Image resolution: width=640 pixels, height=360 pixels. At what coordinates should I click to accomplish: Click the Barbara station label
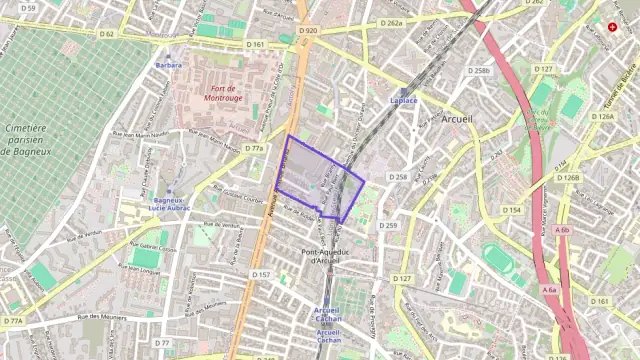pyautogui.click(x=168, y=66)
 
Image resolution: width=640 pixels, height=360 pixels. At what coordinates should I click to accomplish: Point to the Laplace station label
pyautogui.click(x=404, y=101)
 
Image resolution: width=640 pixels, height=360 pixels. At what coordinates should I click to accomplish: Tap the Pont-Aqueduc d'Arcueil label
pyautogui.click(x=325, y=256)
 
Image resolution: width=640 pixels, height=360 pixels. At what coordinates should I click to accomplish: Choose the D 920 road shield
pyautogui.click(x=308, y=31)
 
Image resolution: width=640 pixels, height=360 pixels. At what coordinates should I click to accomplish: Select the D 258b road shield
pyautogui.click(x=481, y=71)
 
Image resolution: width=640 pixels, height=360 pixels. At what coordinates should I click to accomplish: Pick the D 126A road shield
pyautogui.click(x=602, y=117)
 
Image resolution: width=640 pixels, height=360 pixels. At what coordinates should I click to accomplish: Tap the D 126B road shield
pyautogui.click(x=567, y=178)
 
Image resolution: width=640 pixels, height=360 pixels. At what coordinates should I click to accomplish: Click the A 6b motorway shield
pyautogui.click(x=562, y=230)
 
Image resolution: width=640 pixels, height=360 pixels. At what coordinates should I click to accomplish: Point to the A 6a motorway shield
pyautogui.click(x=549, y=290)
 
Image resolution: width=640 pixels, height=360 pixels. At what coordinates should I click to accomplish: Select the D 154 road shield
pyautogui.click(x=512, y=210)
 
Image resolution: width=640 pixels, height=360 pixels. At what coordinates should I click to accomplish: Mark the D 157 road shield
pyautogui.click(x=261, y=274)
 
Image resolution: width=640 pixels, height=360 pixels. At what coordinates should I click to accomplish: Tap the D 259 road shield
pyautogui.click(x=388, y=225)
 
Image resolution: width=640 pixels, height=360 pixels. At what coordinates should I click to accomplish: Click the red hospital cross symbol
pyautogui.click(x=613, y=27)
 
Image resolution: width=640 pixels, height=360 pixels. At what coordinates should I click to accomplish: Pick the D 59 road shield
pyautogui.click(x=27, y=8)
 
